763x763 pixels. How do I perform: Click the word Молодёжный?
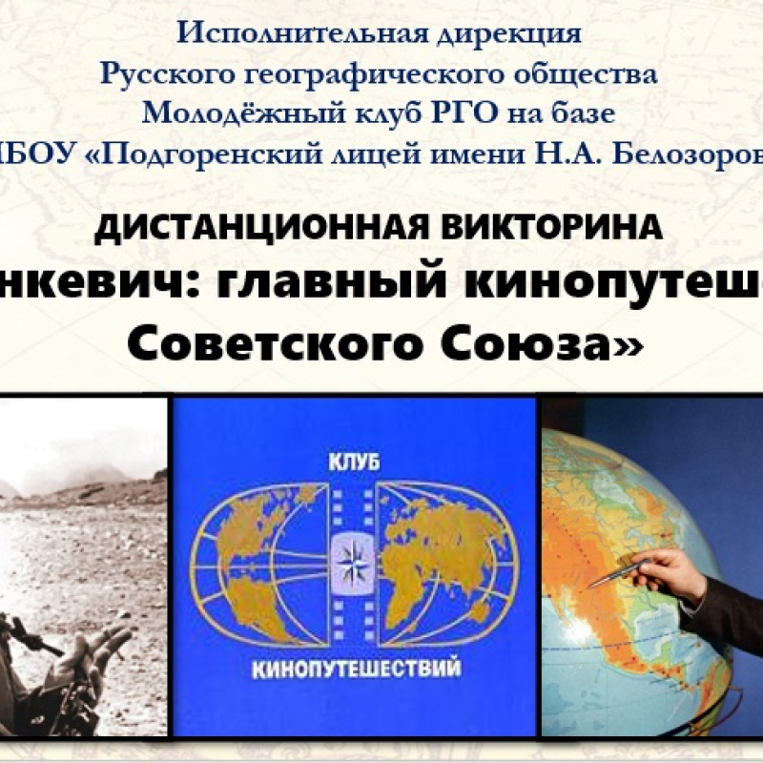235,113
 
